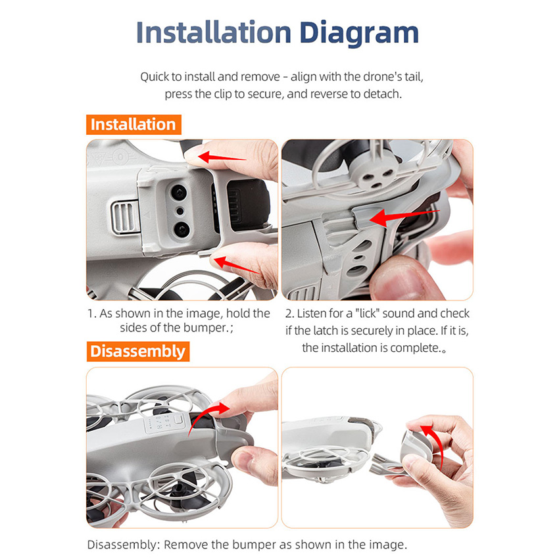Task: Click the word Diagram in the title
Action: coord(359,34)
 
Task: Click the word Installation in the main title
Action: coord(214,32)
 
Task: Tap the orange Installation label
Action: coord(134,124)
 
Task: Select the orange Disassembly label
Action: coord(137,351)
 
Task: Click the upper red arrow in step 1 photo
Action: coord(222,157)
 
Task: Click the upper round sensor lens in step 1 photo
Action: coord(179,193)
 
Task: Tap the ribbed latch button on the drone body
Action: coord(125,217)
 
